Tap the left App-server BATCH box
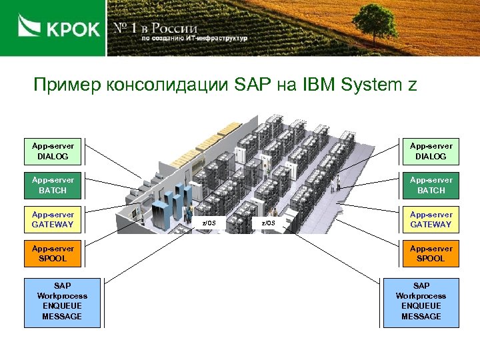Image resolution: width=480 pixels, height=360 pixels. point(53,185)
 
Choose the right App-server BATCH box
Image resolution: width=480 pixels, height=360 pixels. point(431,185)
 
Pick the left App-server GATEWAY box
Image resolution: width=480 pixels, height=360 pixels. point(53,219)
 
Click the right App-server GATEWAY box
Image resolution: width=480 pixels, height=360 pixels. point(431,219)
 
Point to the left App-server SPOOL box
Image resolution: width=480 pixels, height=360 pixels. point(53,253)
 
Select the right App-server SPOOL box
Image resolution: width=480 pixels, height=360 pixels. point(431,253)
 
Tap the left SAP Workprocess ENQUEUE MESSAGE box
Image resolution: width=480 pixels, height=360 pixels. point(62,301)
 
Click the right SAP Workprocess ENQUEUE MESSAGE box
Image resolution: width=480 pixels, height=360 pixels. point(421,301)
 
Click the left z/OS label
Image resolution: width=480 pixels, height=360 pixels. point(209,223)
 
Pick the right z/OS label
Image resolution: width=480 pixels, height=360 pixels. point(267,223)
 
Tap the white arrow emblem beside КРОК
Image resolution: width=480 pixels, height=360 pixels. point(29,28)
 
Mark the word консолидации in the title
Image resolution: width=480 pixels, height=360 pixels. point(167,86)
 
